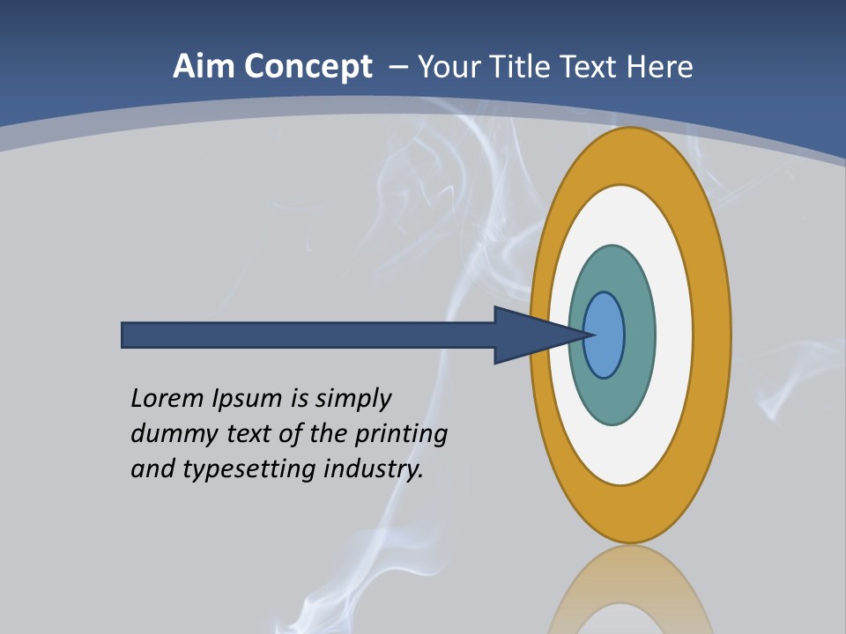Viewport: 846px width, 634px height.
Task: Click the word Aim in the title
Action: (196, 67)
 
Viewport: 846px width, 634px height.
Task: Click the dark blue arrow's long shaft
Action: (308, 335)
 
